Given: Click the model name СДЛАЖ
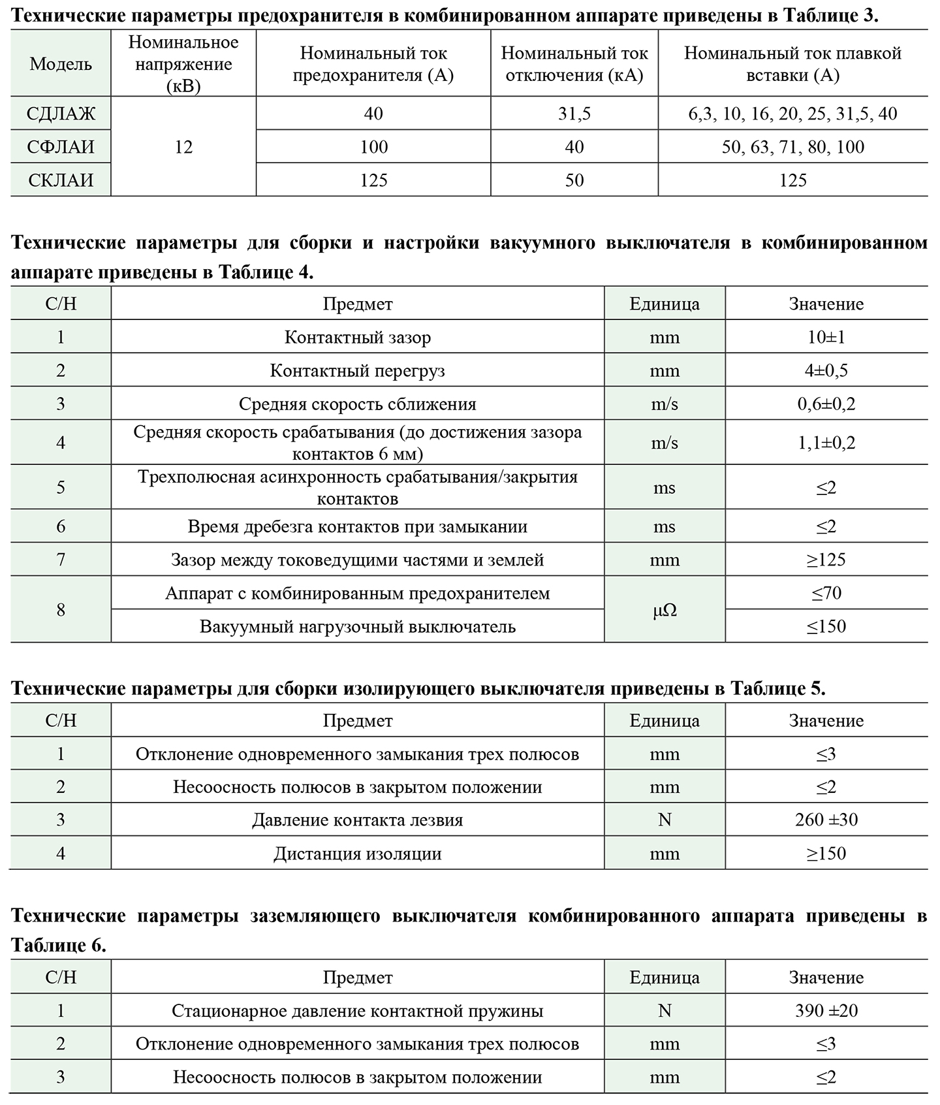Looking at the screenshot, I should [x=61, y=114].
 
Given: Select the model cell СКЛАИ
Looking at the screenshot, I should [x=61, y=180].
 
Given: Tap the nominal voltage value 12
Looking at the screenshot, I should [x=183, y=147].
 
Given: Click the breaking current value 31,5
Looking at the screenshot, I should [x=574, y=114].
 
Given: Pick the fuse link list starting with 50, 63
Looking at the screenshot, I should [x=793, y=147].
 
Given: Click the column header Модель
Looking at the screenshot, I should [x=61, y=64].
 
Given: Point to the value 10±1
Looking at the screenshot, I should [x=826, y=338].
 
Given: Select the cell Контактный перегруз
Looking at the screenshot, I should [x=357, y=371].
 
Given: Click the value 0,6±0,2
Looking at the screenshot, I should [x=826, y=404].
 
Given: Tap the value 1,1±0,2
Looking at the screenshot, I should [x=826, y=443].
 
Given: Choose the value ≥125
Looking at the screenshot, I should [x=826, y=560].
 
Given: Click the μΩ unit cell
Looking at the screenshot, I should [x=665, y=610].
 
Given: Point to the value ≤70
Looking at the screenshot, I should [x=826, y=593].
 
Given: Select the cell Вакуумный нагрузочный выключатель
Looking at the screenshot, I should [x=357, y=627].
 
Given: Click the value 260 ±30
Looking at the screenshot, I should [x=826, y=820].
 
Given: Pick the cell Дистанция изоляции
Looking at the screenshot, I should [x=357, y=854].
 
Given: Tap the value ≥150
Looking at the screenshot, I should [x=826, y=854].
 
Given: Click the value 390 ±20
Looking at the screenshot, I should [x=826, y=1011].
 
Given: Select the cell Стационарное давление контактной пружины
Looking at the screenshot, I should [x=357, y=1011].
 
